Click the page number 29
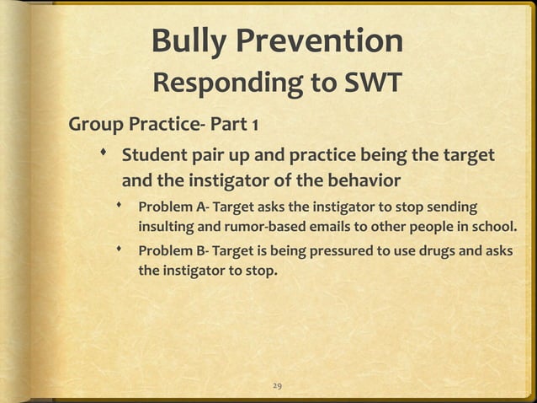pos(277,385)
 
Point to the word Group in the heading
pos(96,126)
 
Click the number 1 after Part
pos(254,126)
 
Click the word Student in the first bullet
pos(154,157)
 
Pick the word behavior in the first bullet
pos(360,180)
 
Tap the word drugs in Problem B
pos(439,251)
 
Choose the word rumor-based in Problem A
pos(247,228)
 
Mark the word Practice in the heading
pos(162,126)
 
